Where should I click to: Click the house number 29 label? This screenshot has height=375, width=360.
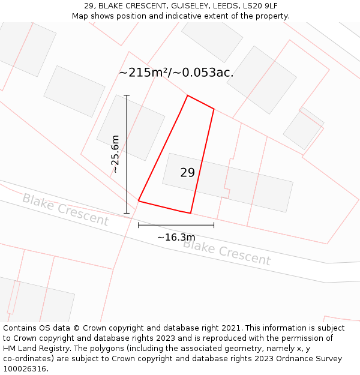point(187,173)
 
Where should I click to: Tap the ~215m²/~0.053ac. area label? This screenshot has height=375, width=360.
point(176,73)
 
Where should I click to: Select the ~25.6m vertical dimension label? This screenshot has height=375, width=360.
point(115,154)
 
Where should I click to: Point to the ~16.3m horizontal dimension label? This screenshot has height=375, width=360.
point(176,238)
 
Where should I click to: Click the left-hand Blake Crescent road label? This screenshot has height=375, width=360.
point(65,209)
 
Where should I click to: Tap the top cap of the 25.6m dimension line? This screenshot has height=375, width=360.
point(127,95)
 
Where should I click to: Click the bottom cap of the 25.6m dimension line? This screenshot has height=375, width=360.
point(127,212)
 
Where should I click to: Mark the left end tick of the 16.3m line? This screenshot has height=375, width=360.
point(139,225)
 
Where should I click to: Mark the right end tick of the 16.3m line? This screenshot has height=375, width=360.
point(214,225)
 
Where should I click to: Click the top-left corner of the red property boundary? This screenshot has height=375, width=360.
point(187,95)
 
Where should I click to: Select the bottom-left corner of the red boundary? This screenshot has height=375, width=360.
point(139,200)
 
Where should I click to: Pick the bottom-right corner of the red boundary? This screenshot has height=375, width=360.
point(190,213)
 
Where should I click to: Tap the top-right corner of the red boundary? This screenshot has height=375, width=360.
point(214,109)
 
